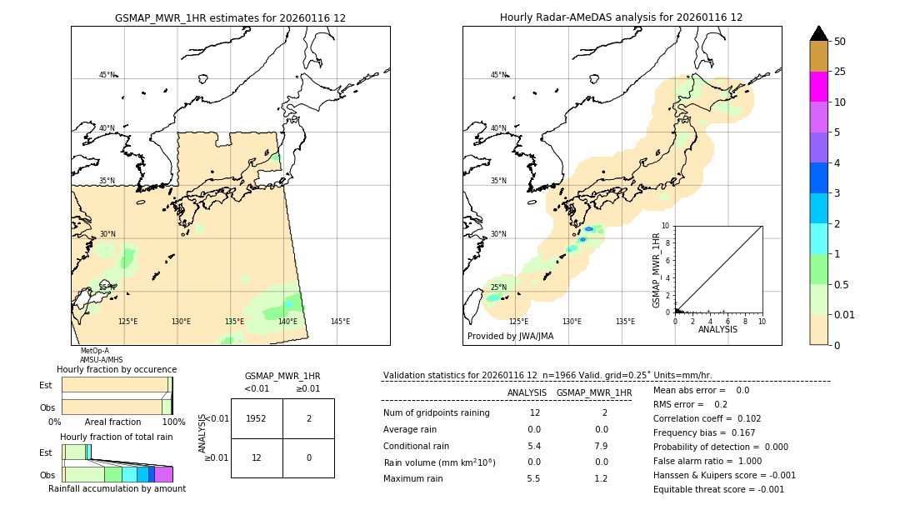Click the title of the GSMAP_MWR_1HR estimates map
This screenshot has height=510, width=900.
(230, 17)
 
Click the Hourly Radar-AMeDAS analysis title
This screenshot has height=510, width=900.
(621, 17)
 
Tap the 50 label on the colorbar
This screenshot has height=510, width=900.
(841, 42)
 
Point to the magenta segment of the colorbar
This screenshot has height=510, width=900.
(819, 87)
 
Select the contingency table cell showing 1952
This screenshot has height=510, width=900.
(257, 418)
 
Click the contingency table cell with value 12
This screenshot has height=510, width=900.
(257, 457)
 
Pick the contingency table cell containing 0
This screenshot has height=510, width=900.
(308, 457)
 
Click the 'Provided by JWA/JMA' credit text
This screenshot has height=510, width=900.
(510, 337)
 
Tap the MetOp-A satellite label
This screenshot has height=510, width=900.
(94, 351)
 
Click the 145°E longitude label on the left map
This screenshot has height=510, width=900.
(340, 322)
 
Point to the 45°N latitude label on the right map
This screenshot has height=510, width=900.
(498, 75)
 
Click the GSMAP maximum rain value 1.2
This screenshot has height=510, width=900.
(601, 478)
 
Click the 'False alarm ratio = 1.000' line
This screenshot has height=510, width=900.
(707, 461)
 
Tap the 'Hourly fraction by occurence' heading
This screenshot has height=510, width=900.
(117, 369)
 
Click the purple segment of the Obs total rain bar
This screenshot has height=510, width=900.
(163, 474)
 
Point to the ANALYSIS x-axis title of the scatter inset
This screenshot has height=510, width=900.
(717, 329)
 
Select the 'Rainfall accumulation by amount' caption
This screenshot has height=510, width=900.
(117, 488)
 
